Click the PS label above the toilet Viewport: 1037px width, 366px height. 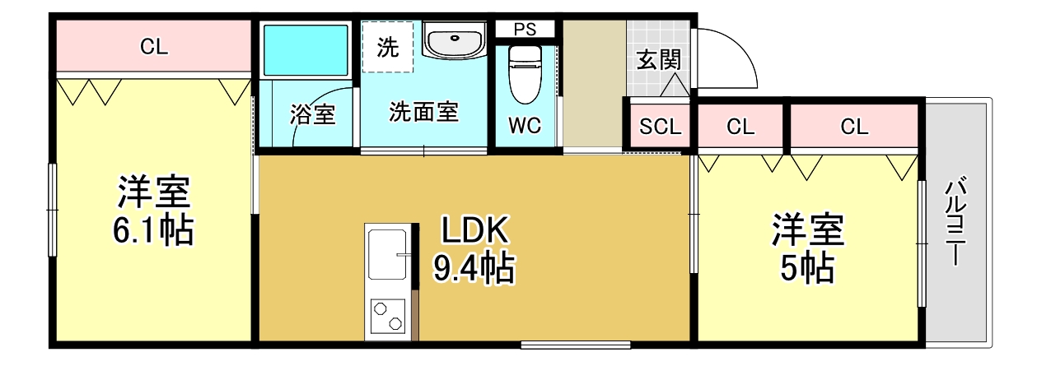pyautogui.click(x=525, y=29)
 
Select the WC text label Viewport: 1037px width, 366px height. pyautogui.click(x=524, y=126)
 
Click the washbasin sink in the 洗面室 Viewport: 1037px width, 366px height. pyautogui.click(x=454, y=41)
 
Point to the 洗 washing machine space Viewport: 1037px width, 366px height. pyautogui.click(x=387, y=47)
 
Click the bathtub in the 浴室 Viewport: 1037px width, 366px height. pyautogui.click(x=306, y=51)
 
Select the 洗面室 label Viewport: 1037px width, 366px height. pyautogui.click(x=423, y=112)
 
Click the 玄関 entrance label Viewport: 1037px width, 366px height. pyautogui.click(x=658, y=61)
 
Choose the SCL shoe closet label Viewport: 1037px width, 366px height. pyautogui.click(x=661, y=127)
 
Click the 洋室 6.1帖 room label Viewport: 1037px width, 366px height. pyautogui.click(x=154, y=211)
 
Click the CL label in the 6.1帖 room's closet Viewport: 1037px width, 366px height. pyautogui.click(x=154, y=47)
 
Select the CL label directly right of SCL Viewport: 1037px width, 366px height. pyautogui.click(x=740, y=127)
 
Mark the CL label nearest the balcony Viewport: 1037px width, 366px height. pyautogui.click(x=854, y=127)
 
